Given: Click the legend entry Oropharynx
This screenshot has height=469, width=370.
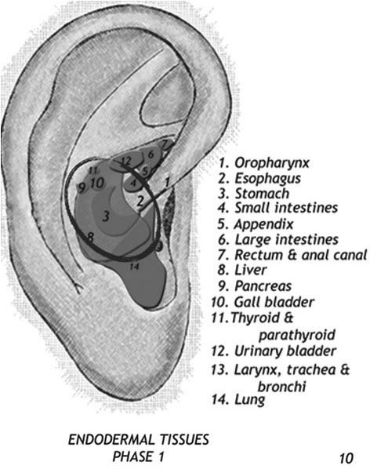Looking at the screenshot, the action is pyautogui.click(x=264, y=163).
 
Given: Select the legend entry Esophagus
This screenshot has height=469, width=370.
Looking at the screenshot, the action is pyautogui.click(x=259, y=179).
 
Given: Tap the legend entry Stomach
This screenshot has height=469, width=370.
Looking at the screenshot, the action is pyautogui.click(x=254, y=194).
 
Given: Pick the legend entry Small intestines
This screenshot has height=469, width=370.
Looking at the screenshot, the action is pyautogui.click(x=278, y=208).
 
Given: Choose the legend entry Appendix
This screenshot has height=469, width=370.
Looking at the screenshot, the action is pyautogui.click(x=256, y=224).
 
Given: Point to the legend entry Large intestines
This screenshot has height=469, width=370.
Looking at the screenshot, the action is pyautogui.click(x=278, y=239).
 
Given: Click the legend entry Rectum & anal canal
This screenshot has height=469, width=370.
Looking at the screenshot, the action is pyautogui.click(x=292, y=255).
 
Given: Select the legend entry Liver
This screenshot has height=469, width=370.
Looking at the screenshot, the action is pyautogui.click(x=242, y=270).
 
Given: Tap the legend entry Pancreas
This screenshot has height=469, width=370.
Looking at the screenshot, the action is pyautogui.click(x=255, y=286).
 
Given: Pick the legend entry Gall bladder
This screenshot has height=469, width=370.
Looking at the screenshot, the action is pyautogui.click(x=263, y=302).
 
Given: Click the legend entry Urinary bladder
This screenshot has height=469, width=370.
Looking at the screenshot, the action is pyautogui.click(x=274, y=351).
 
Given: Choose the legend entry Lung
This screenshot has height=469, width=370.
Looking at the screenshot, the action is pyautogui.click(x=238, y=400).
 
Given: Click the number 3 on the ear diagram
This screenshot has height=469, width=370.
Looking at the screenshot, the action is pyautogui.click(x=106, y=216).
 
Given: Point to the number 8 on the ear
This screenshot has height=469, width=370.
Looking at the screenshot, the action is pyautogui.click(x=90, y=238).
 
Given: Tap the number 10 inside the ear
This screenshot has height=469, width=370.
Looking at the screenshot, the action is pyautogui.click(x=97, y=183).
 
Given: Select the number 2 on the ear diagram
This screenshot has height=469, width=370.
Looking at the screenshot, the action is pyautogui.click(x=140, y=201).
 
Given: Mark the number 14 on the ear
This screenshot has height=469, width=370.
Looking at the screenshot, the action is pyautogui.click(x=135, y=266).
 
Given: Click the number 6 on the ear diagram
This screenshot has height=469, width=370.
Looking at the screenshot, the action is pyautogui.click(x=151, y=155).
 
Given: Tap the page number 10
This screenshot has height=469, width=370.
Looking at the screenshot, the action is pyautogui.click(x=346, y=458).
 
